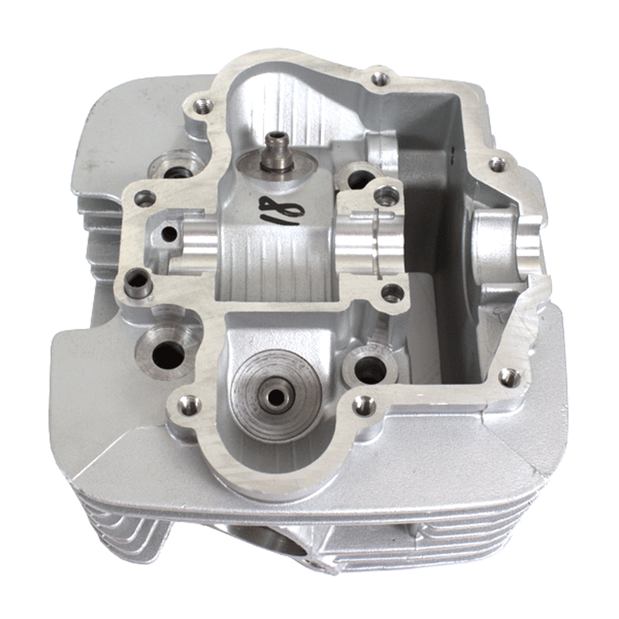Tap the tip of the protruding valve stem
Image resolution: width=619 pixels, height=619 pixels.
274,139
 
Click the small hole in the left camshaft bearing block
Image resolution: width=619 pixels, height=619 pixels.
170,234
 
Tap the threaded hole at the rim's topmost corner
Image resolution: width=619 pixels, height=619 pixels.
380,79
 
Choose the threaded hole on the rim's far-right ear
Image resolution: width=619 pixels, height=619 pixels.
498,164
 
